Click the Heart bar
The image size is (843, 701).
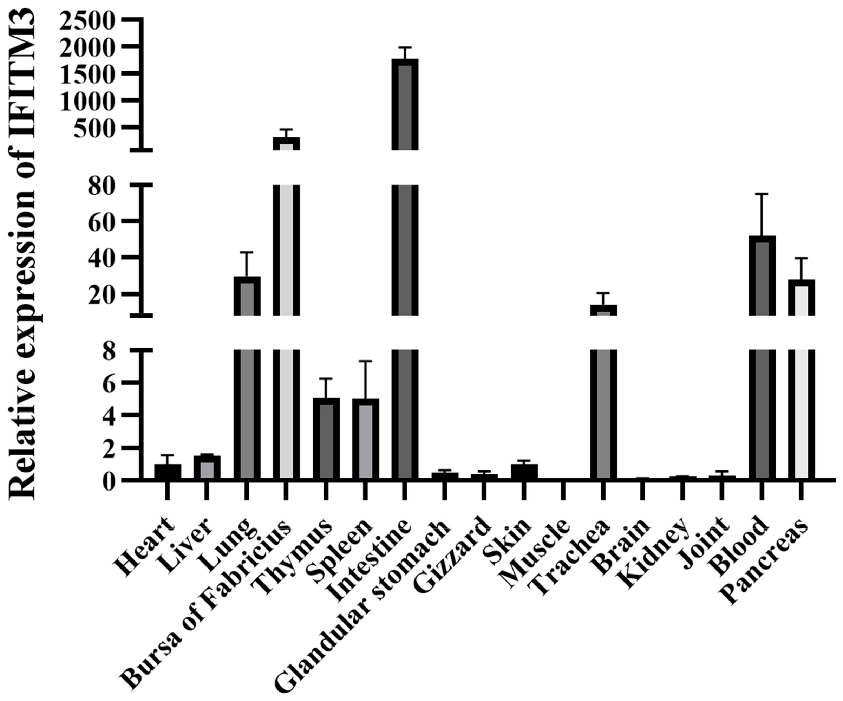(168, 472)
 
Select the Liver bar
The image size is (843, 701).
(207, 467)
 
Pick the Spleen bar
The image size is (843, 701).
(365, 439)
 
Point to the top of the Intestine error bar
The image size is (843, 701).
(405, 47)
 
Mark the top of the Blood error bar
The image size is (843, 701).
(762, 194)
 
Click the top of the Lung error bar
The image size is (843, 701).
(247, 252)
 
